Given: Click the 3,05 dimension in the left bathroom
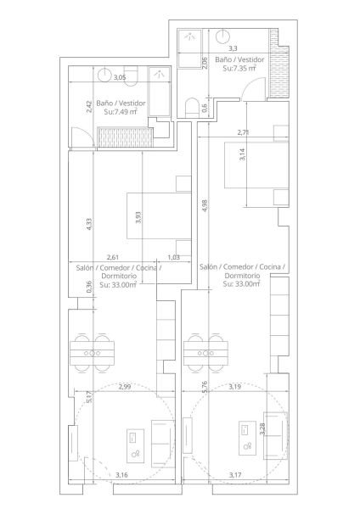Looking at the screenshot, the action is [119, 77].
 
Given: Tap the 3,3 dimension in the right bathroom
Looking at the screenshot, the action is [233, 48].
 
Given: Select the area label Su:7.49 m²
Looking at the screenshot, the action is [121, 112].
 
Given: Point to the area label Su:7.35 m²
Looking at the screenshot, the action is [239, 68].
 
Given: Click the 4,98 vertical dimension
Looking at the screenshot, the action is [205, 205].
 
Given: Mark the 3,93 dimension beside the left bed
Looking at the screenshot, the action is [138, 217].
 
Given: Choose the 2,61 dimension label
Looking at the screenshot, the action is [112, 257].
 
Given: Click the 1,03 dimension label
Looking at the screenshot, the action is [174, 257].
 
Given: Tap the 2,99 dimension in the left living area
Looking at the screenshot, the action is [125, 387].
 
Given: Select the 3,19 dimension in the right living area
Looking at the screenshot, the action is [234, 387].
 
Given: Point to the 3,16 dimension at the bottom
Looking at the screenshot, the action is [121, 475].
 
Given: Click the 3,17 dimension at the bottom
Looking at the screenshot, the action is [235, 475].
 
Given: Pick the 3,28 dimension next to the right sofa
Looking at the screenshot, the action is [262, 428].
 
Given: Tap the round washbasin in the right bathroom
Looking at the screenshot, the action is [223, 36].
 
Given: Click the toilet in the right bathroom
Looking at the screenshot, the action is [191, 108].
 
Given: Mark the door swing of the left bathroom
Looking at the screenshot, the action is [82, 137].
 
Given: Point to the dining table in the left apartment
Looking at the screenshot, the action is [93, 353].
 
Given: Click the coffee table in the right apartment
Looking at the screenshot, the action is [248, 438].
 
